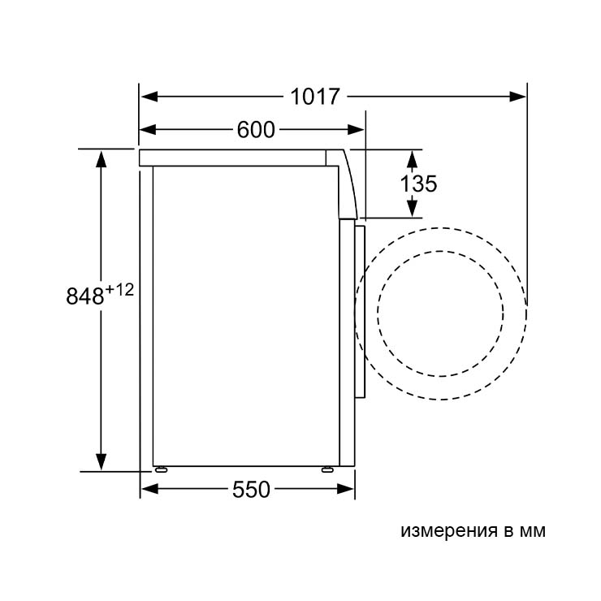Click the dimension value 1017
point(315,96)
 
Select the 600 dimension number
point(256,130)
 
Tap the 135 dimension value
point(418,184)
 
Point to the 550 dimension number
point(251,489)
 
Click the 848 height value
point(85,296)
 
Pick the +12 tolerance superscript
point(119,290)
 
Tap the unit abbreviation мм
point(533,531)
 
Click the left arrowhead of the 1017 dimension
point(149,96)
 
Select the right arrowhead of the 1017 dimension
point(517,96)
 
